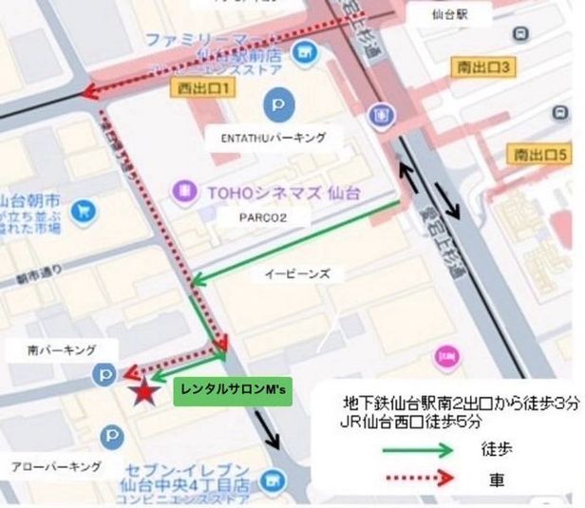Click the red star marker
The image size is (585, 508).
[x=143, y=391]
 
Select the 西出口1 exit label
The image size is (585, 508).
[x=204, y=87]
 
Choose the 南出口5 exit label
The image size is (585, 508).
[x=539, y=153]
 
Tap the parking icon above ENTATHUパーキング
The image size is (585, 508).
[x=276, y=101]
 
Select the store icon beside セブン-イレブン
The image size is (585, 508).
[x=276, y=481]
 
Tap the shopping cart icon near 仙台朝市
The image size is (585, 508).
[x=85, y=208]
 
